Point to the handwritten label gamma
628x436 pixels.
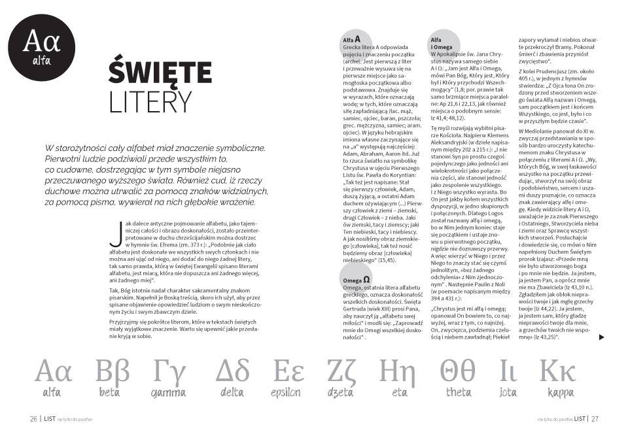[x=168, y=393]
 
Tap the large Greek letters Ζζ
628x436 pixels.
[x=344, y=371]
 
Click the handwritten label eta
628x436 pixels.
[x=399, y=393]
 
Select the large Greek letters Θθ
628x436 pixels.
[x=459, y=371]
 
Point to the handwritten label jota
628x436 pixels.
[x=508, y=393]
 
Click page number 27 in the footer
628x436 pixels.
[x=595, y=419]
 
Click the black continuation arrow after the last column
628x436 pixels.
[x=602, y=337]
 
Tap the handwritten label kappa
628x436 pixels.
[x=561, y=393]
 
